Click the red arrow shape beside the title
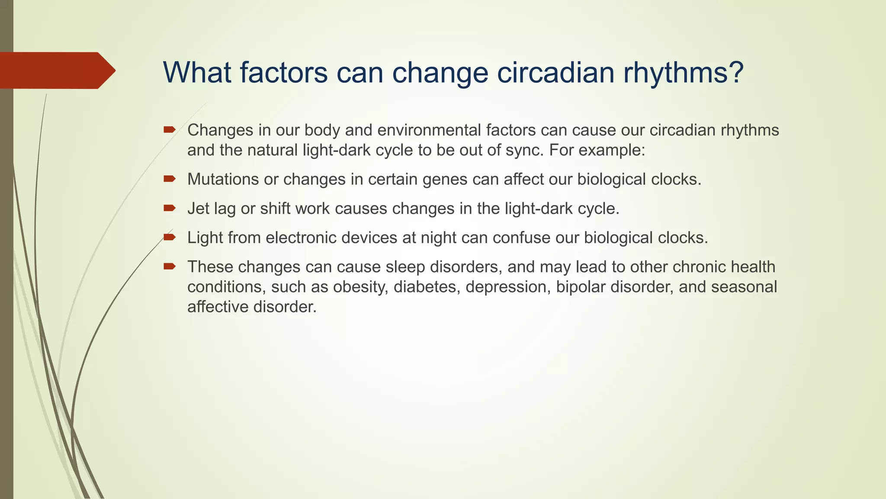(x=56, y=71)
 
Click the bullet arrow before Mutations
(x=169, y=178)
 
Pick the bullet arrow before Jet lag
(x=169, y=208)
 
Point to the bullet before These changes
(x=169, y=266)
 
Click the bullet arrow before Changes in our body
(x=169, y=129)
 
